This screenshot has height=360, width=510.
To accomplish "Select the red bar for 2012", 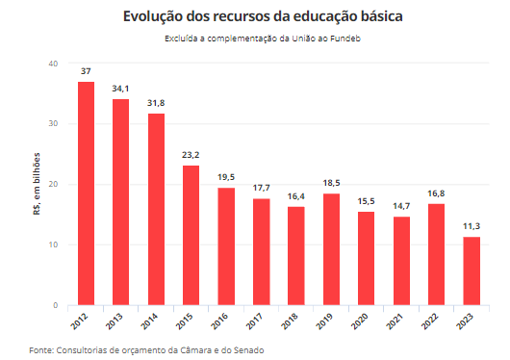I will (86, 193).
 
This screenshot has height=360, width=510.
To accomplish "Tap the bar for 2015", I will (191, 235).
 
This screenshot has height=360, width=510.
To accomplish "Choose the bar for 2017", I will (261, 251).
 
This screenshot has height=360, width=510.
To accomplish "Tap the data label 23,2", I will (191, 155).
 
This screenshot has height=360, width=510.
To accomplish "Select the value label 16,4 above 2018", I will (295, 196).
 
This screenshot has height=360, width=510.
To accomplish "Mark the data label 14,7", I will (401, 206).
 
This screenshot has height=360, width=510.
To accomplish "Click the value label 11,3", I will (472, 226).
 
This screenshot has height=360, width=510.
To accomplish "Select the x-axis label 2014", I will (153, 321).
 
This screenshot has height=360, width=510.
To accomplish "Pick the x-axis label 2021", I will (398, 321).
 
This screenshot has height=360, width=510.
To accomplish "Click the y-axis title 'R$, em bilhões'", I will (37, 184).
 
